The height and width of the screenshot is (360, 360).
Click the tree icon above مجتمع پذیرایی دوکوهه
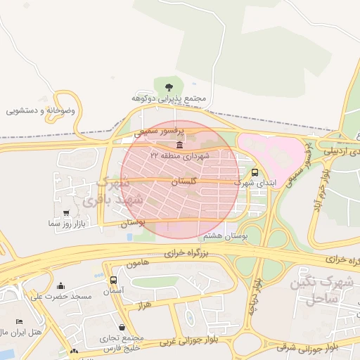point(167,87)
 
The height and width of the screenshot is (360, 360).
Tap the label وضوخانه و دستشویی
point(44,110)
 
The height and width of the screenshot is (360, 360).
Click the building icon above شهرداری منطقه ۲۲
point(181,145)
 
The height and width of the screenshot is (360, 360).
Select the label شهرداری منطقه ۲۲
point(179,155)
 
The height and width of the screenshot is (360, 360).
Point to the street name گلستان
point(184,181)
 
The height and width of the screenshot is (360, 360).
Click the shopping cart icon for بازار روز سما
point(66,212)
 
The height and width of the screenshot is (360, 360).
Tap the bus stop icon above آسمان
point(113,281)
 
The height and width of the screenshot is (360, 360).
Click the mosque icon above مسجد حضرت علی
point(60,286)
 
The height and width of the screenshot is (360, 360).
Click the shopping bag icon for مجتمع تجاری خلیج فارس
point(123,327)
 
